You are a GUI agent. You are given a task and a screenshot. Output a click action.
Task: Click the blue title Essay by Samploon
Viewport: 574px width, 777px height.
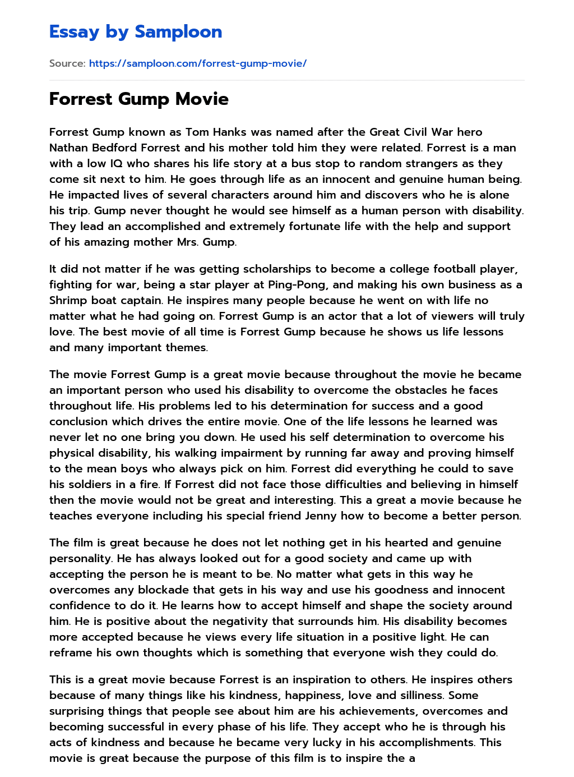[x=136, y=32]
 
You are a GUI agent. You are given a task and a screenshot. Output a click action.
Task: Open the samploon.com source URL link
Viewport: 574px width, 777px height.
[x=197, y=63]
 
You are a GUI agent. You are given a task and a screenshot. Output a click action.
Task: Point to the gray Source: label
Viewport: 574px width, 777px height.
[x=67, y=63]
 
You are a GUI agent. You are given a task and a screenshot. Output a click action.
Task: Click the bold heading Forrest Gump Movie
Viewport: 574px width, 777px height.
[x=138, y=99]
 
